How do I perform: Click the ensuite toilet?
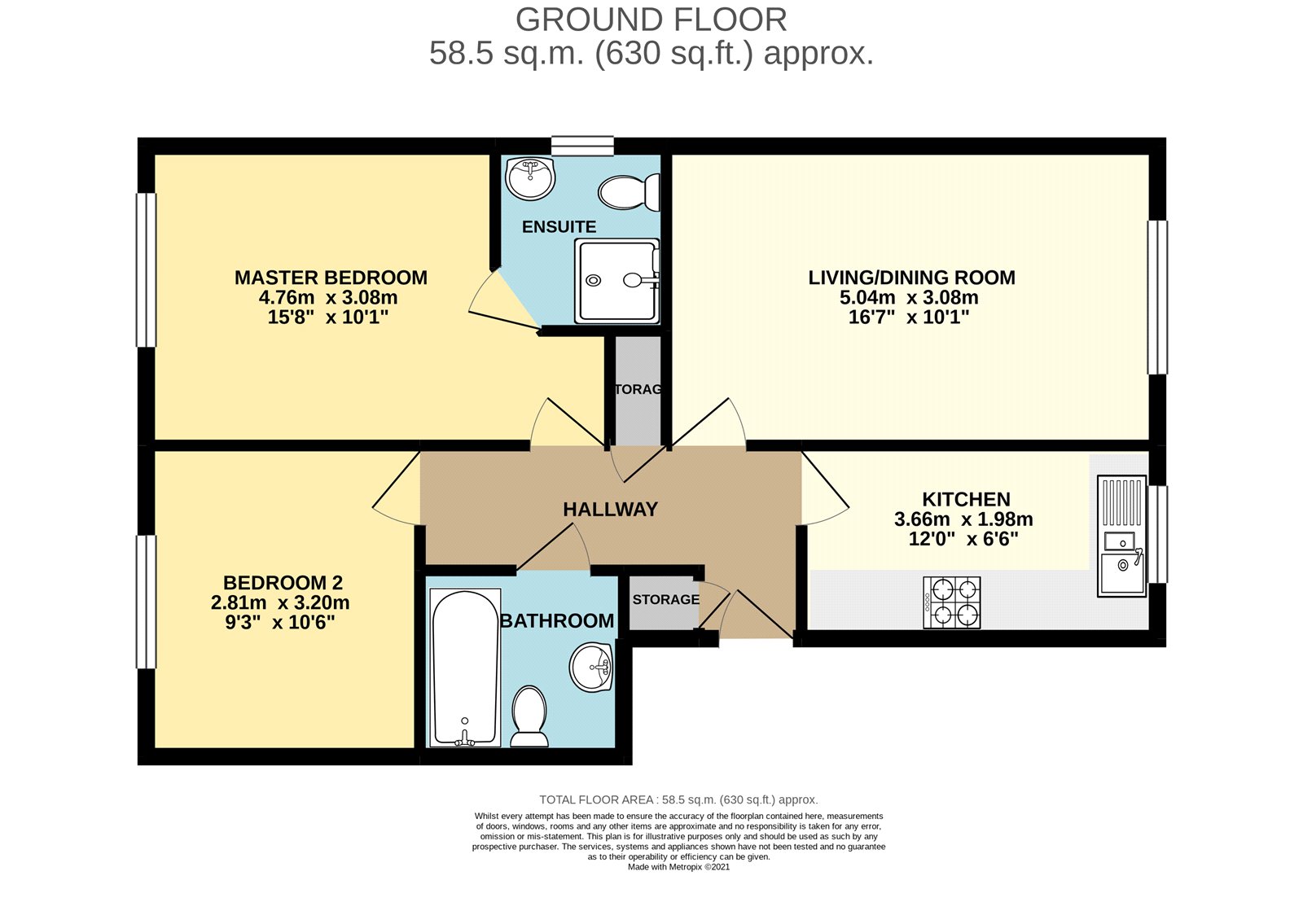[x=628, y=192]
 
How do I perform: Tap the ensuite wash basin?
[x=530, y=177]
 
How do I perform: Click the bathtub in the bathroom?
[x=465, y=668]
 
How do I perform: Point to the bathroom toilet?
[x=529, y=716]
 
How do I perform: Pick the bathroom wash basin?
[x=591, y=667]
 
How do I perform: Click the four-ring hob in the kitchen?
[x=952, y=602]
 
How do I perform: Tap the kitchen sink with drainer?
[x=1121, y=536]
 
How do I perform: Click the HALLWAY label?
[x=610, y=510]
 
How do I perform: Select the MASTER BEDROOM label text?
[x=331, y=278]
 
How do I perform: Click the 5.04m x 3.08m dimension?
[x=909, y=298]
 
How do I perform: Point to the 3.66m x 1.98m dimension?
[x=963, y=519]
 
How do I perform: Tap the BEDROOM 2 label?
[x=283, y=583]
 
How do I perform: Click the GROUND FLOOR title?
[x=651, y=20]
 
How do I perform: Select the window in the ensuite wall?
[x=582, y=146]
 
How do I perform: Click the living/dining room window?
[x=1157, y=297]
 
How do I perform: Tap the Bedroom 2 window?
[x=146, y=602]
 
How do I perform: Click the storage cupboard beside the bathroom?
[x=664, y=602]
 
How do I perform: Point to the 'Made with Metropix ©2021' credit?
[x=678, y=867]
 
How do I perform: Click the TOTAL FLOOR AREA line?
[x=678, y=799]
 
